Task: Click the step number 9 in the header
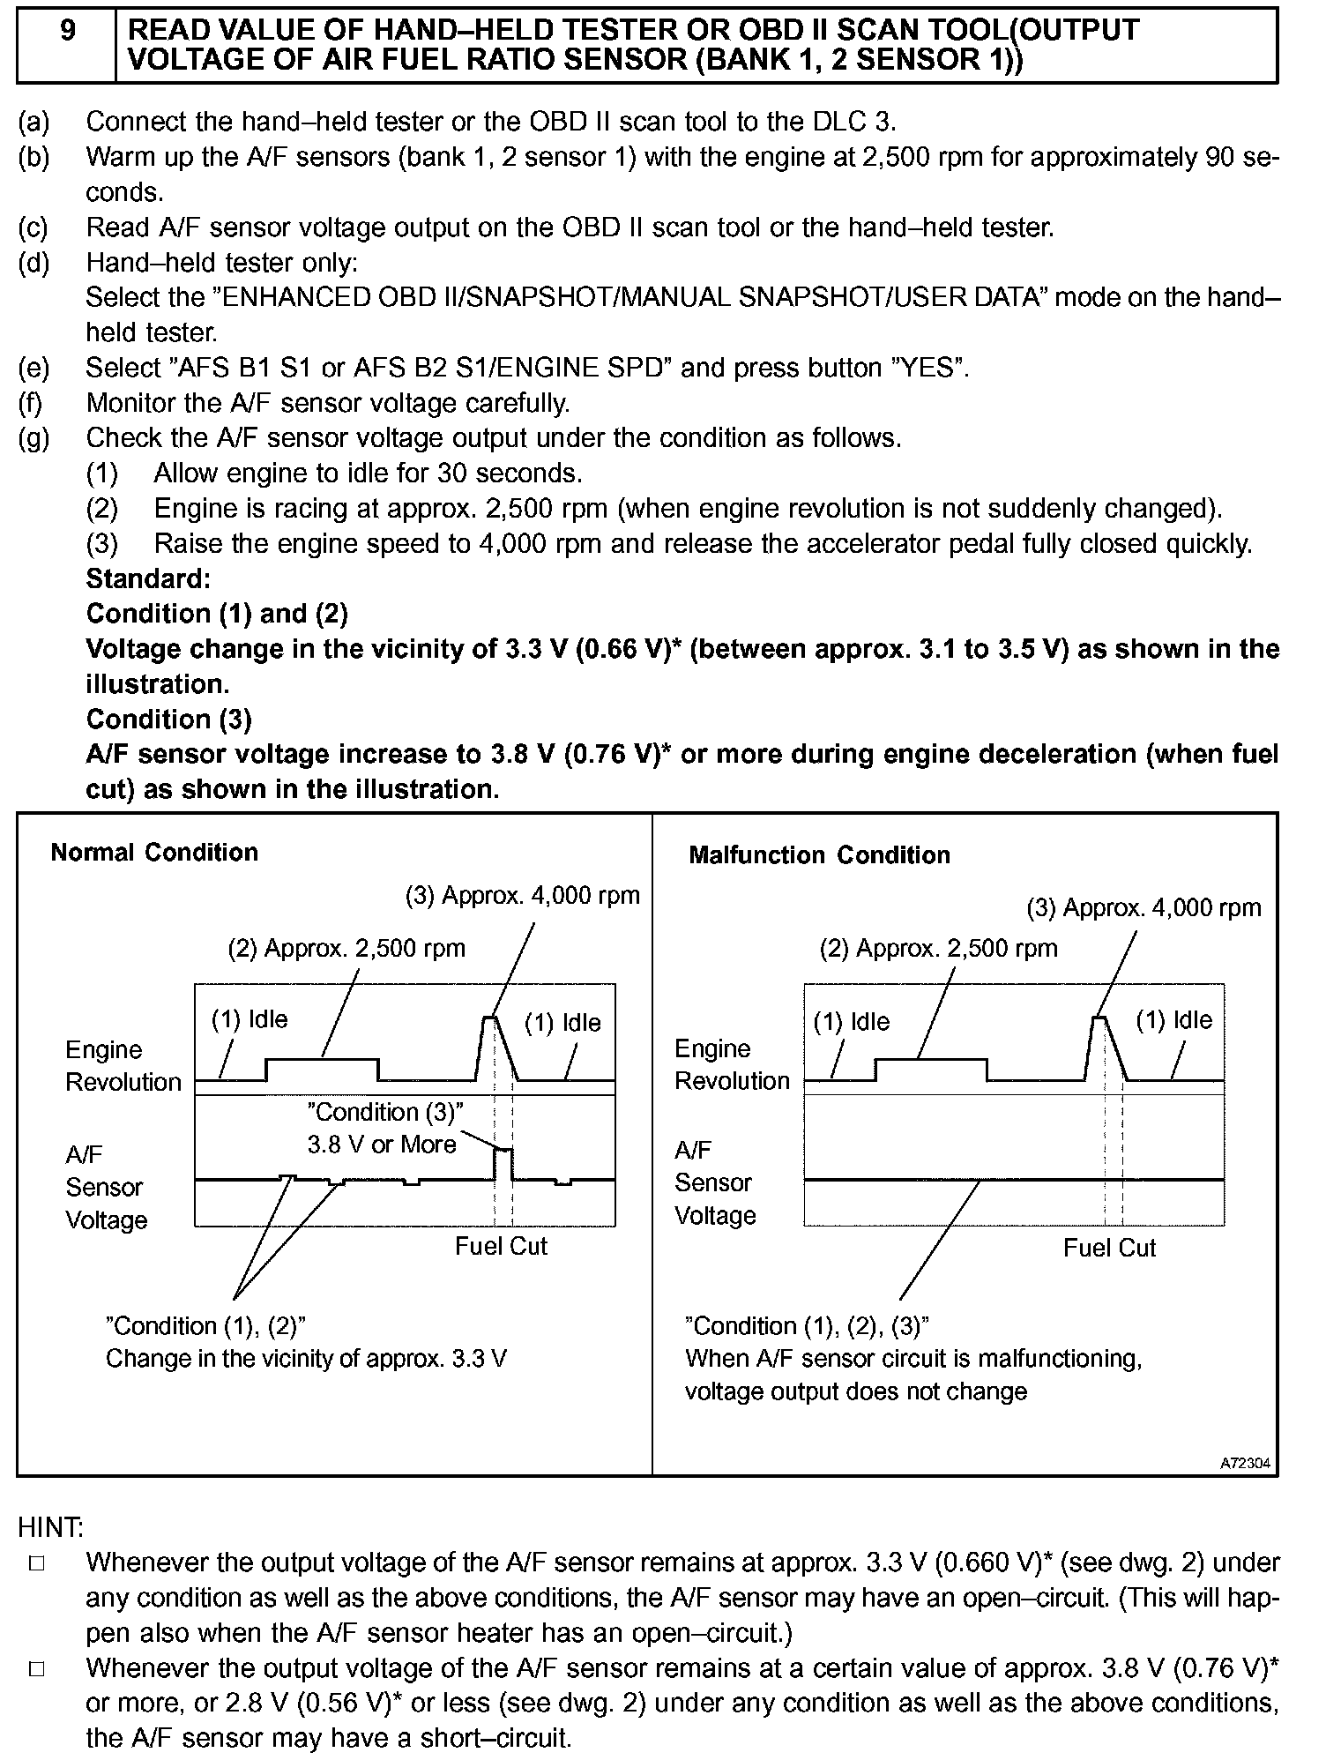66,33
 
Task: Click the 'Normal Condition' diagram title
154,853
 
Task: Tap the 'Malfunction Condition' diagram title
819,855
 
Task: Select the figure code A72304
1245,1463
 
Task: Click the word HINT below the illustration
50,1527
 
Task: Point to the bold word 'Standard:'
148,579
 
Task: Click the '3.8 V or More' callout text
382,1145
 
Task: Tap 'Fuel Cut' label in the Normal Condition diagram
501,1246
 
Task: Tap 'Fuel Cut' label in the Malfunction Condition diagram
1109,1248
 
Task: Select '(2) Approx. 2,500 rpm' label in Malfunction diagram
938,949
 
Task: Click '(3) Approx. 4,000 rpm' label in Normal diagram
522,896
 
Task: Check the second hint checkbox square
36,1669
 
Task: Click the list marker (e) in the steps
34,368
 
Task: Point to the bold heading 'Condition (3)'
168,720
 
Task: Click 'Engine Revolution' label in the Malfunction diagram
732,1065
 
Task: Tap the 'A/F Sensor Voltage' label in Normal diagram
106,1187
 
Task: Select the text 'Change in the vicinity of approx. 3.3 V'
306,1358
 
